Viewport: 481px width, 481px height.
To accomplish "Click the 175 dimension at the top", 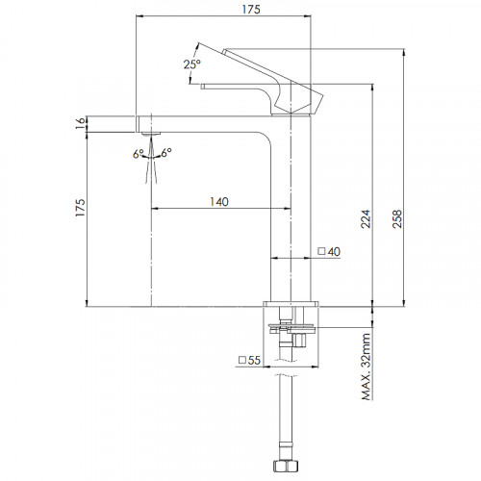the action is [x=251, y=10].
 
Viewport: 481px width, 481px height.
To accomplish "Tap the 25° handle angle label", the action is [x=192, y=64].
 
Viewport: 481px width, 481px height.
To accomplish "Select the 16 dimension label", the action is [x=81, y=123].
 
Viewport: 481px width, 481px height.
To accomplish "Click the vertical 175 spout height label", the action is [x=80, y=208].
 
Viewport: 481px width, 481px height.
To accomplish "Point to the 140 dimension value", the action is [x=219, y=202].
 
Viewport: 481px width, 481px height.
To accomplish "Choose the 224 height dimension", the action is [x=366, y=219].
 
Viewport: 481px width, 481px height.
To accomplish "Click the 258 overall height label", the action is [x=396, y=219].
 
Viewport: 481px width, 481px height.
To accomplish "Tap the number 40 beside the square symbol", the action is [x=334, y=252].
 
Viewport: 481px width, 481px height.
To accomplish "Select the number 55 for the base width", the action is [x=254, y=360].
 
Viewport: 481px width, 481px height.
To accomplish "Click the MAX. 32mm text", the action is [x=366, y=367].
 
